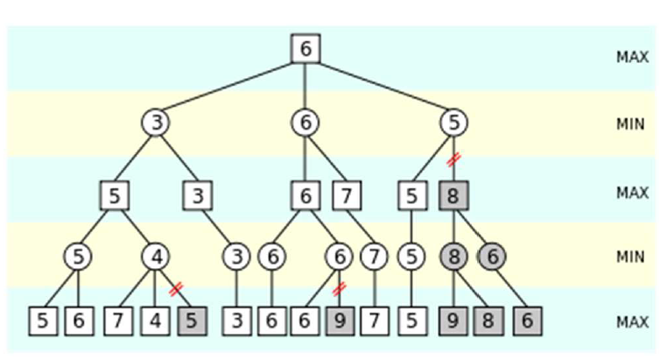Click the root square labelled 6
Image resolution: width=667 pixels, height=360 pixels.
(x=305, y=49)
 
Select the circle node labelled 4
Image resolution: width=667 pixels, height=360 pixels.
(x=156, y=257)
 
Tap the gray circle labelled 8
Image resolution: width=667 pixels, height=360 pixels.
(x=453, y=257)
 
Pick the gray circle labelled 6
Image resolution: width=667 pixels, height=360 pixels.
(x=492, y=257)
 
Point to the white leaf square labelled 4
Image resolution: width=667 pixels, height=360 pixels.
(x=155, y=321)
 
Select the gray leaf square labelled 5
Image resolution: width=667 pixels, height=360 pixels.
(x=193, y=321)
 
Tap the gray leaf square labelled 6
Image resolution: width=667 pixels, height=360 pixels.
(x=527, y=321)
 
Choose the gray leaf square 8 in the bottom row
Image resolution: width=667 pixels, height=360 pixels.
(x=488, y=321)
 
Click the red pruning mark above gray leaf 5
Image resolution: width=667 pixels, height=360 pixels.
(x=175, y=288)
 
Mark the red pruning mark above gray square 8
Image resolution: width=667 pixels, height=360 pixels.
(x=453, y=159)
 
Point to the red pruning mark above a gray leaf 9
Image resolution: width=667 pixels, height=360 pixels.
(x=340, y=288)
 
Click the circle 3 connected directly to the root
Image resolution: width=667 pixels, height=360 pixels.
(x=156, y=124)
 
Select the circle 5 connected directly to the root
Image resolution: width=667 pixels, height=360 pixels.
(x=453, y=124)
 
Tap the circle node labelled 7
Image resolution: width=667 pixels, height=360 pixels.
(x=374, y=257)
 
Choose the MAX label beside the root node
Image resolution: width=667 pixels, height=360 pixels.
(x=631, y=57)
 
